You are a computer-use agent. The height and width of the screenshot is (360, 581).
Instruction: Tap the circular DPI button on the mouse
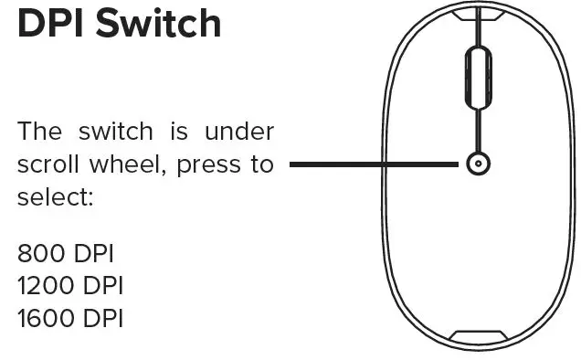[x=476, y=165]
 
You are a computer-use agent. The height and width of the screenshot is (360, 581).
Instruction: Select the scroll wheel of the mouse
[x=476, y=80]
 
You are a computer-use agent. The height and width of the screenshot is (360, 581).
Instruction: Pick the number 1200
[x=46, y=286]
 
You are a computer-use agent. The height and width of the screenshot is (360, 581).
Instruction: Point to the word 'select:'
[x=55, y=196]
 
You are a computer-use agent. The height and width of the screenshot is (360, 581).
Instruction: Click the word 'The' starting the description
[x=40, y=132]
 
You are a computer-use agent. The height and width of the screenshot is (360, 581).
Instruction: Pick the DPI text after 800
[x=96, y=253]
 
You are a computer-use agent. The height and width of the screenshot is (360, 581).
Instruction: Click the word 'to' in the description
[x=262, y=165]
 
